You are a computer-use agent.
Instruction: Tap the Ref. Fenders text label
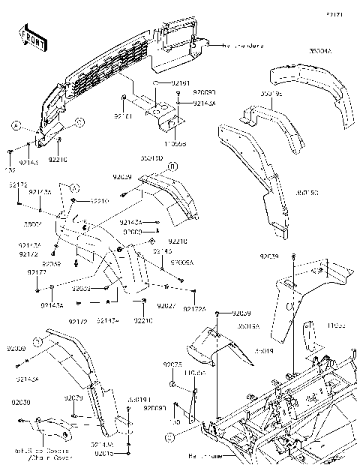[x=242, y=46]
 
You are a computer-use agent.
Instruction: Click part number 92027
[x=166, y=306]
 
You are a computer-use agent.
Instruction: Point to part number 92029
[x=73, y=397]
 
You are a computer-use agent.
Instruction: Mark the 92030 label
[x=19, y=403]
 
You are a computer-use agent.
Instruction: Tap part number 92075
[x=173, y=364]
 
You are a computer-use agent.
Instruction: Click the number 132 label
[x=10, y=169]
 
